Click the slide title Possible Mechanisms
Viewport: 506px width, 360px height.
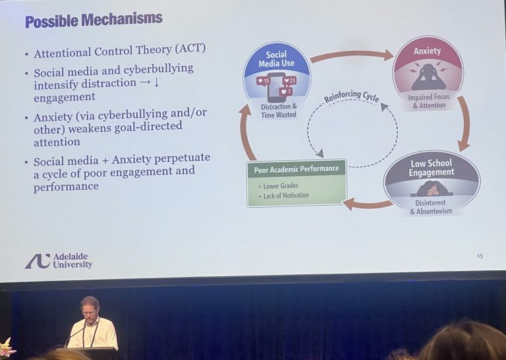[93, 20]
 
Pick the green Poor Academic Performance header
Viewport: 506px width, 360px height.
[296, 169]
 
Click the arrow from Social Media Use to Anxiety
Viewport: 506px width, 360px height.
[351, 55]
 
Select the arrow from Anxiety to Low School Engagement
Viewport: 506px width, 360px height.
[464, 123]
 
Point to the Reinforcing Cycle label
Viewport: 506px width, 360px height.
[351, 96]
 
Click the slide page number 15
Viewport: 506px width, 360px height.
[480, 255]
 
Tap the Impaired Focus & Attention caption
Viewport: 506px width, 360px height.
[428, 101]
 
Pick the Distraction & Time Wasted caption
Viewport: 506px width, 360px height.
[278, 110]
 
